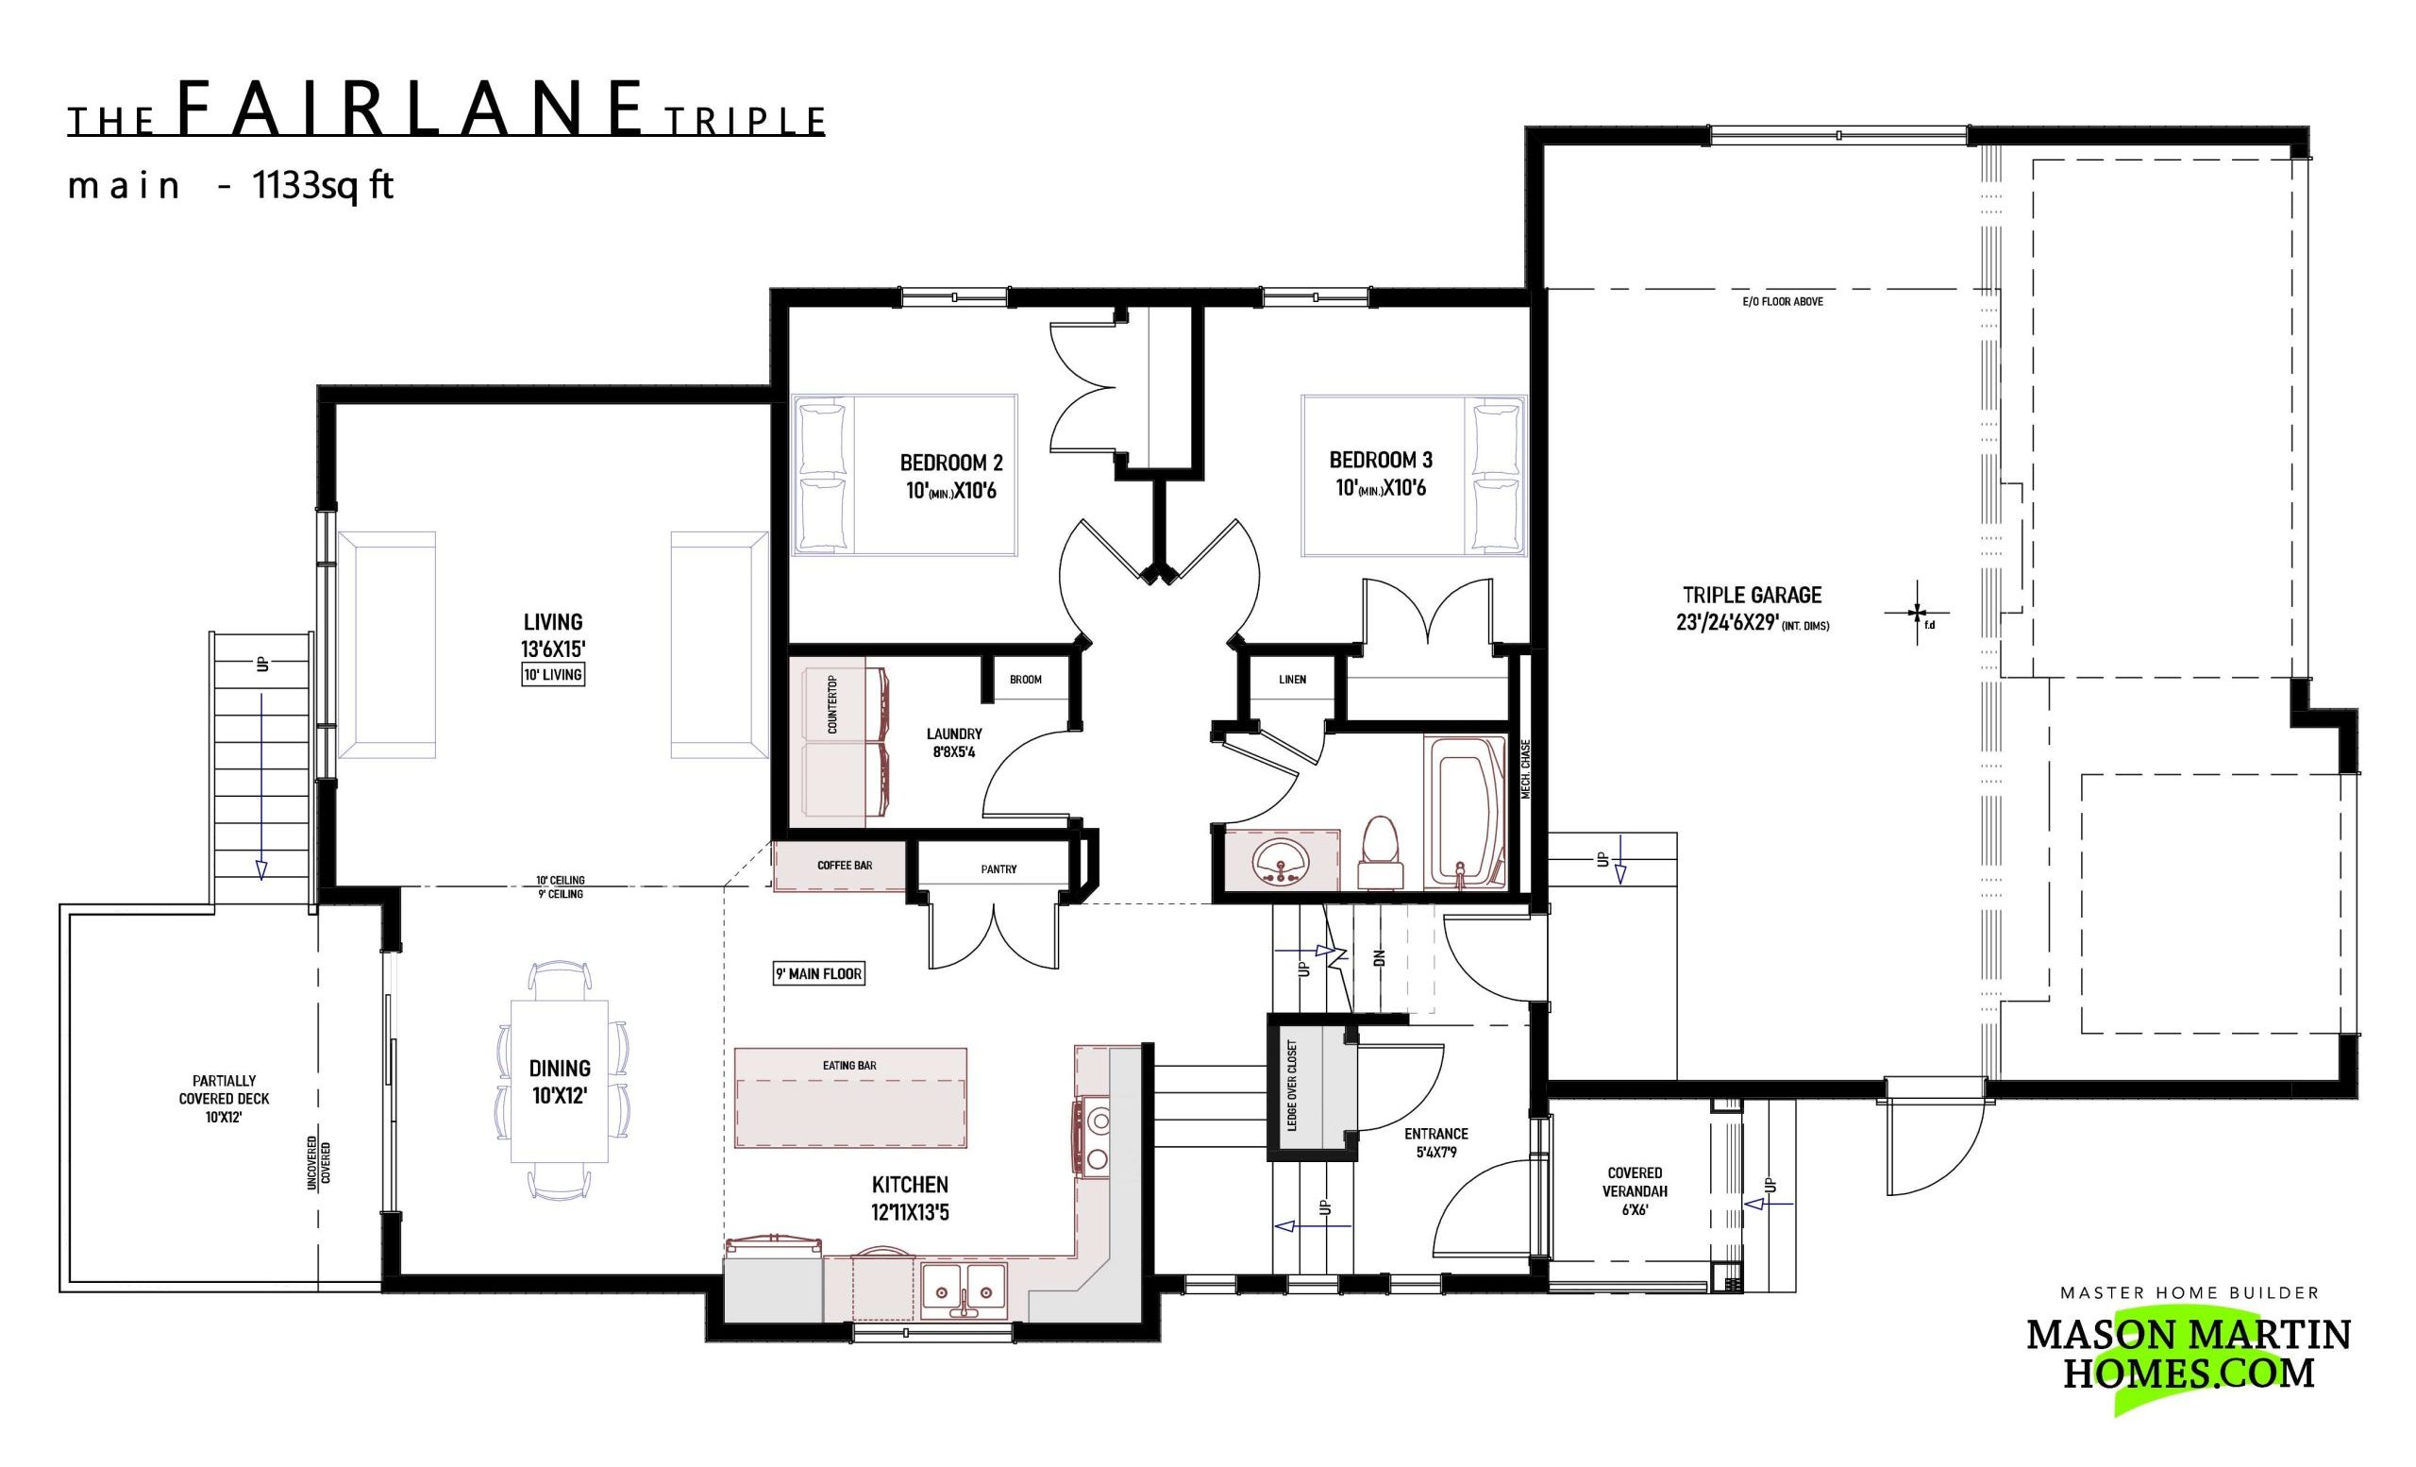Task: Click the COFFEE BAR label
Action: click(845, 866)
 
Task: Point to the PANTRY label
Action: click(998, 868)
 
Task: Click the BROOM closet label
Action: click(1026, 680)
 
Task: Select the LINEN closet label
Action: click(1292, 680)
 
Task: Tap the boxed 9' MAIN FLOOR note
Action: click(819, 973)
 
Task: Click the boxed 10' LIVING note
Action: click(553, 675)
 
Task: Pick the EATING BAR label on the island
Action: click(849, 1065)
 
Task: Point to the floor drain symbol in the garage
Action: click(1917, 614)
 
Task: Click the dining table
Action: click(559, 1080)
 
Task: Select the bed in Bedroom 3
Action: click(1413, 475)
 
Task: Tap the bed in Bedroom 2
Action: click(904, 475)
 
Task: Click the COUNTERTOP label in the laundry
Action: click(832, 705)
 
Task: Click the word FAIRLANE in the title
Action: click(411, 108)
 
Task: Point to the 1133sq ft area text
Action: click(323, 184)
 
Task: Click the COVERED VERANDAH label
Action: click(1635, 1182)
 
